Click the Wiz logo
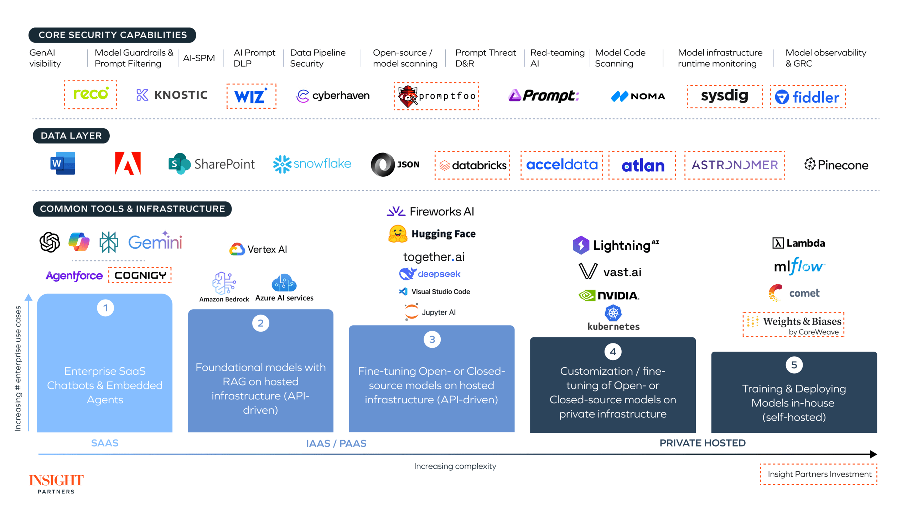(251, 96)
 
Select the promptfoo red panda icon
(407, 96)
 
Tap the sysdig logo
(724, 96)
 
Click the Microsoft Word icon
(63, 164)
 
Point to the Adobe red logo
(128, 164)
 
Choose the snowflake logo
(312, 164)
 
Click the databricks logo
(472, 165)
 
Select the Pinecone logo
(836, 165)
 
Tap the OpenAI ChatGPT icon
(50, 242)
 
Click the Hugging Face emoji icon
(398, 234)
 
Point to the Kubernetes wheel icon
(613, 313)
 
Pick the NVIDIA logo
(609, 295)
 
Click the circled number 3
(432, 340)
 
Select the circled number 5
(794, 365)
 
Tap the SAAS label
(105, 443)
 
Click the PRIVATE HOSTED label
(702, 443)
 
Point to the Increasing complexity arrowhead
(873, 454)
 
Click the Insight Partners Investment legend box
(819, 474)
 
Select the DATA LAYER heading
(71, 136)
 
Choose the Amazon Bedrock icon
(224, 283)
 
